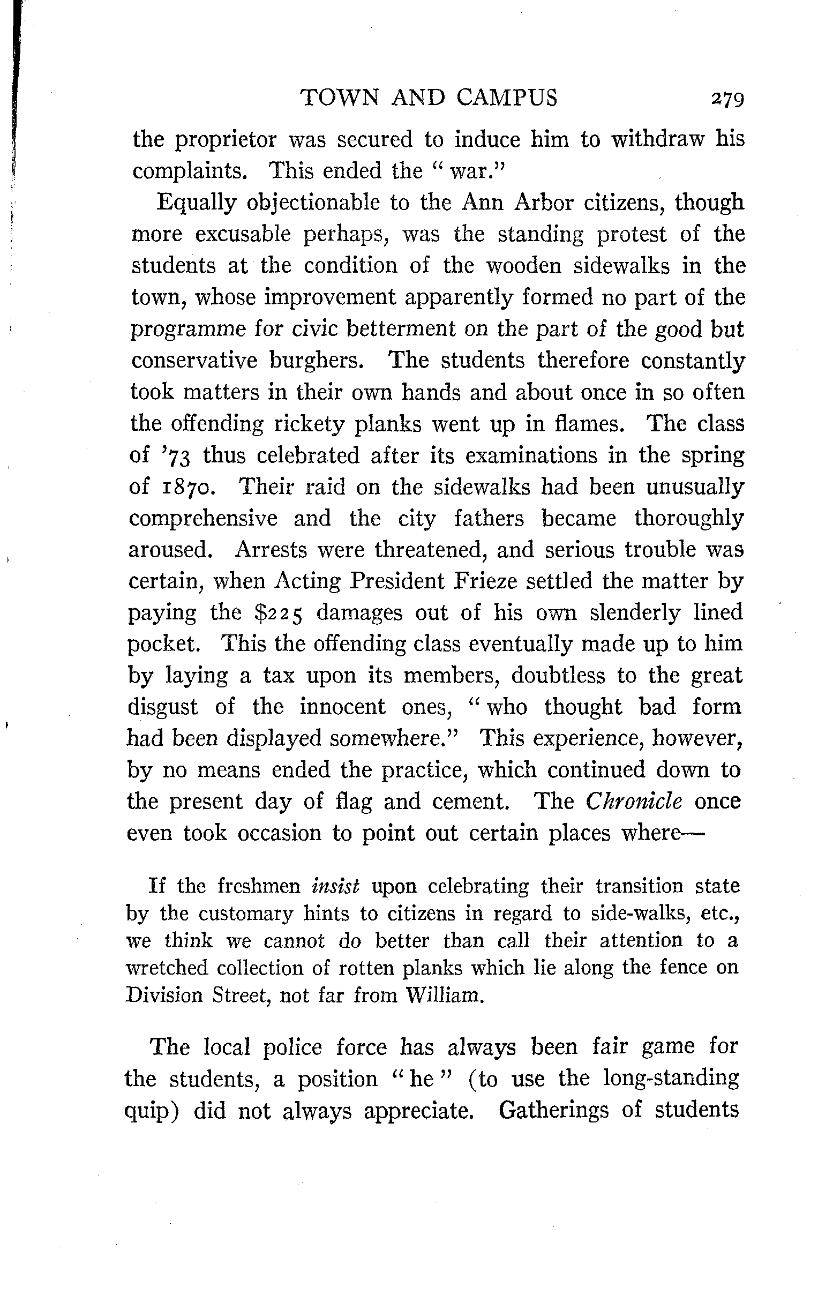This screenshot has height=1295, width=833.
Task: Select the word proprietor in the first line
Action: click(226, 140)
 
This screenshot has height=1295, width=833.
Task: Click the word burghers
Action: click(316, 360)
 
